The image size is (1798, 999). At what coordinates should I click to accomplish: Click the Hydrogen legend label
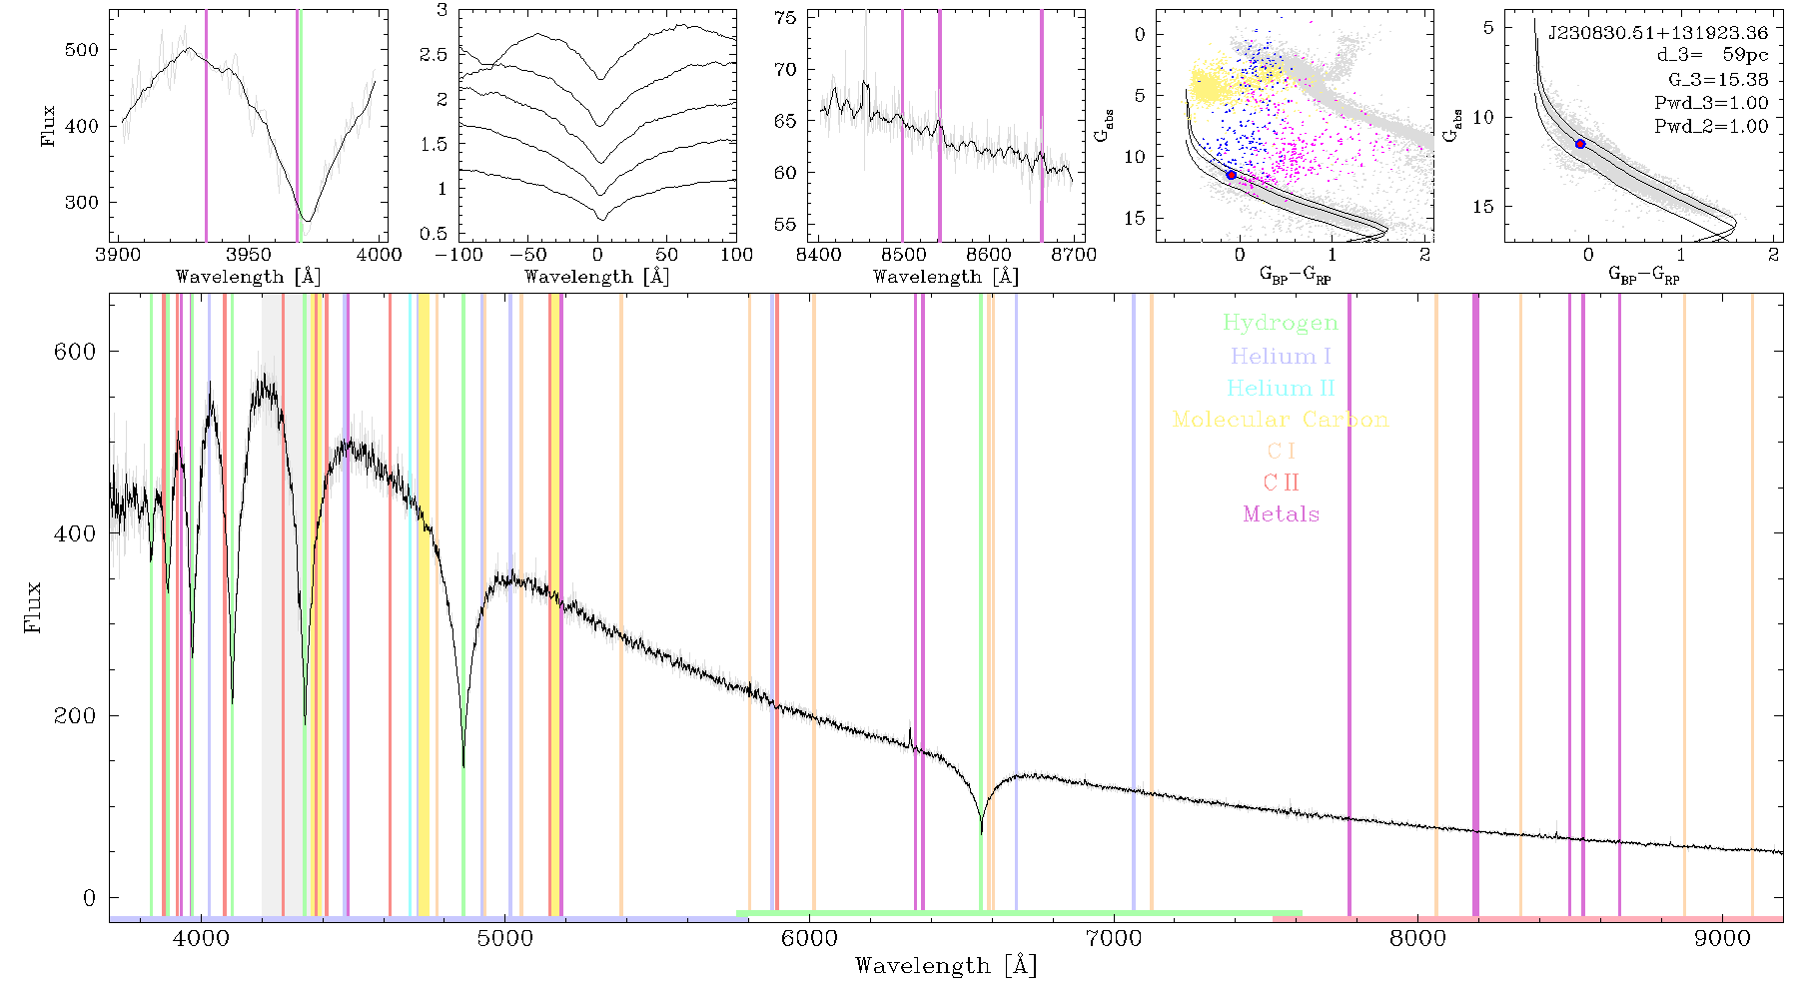coord(1281,323)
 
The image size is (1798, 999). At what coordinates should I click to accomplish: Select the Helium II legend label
coord(1281,388)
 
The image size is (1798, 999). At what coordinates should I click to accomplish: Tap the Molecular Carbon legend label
coord(1281,420)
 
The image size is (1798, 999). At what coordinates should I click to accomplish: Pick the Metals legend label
coord(1282,513)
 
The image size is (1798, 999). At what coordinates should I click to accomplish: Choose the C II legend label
coord(1282,483)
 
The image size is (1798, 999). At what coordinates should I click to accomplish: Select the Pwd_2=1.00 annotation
coord(1711,126)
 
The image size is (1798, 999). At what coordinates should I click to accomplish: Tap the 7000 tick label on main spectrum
coord(1114,939)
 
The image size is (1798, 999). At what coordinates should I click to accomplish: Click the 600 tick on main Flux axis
coord(75,352)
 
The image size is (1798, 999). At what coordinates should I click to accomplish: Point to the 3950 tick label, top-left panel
coord(249,255)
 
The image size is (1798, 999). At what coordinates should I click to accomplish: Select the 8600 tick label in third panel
coord(989,255)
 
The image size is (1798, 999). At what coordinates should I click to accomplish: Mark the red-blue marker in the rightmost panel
coord(1580,144)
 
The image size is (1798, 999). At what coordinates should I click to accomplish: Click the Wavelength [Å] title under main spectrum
coord(946,965)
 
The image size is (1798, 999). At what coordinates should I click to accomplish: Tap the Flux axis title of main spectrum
coord(33,606)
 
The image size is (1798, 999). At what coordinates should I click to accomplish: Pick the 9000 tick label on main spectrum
coord(1722,939)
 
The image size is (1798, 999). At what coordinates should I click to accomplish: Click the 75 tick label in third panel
coord(786,18)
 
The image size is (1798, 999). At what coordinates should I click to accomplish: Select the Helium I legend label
coord(1281,356)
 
